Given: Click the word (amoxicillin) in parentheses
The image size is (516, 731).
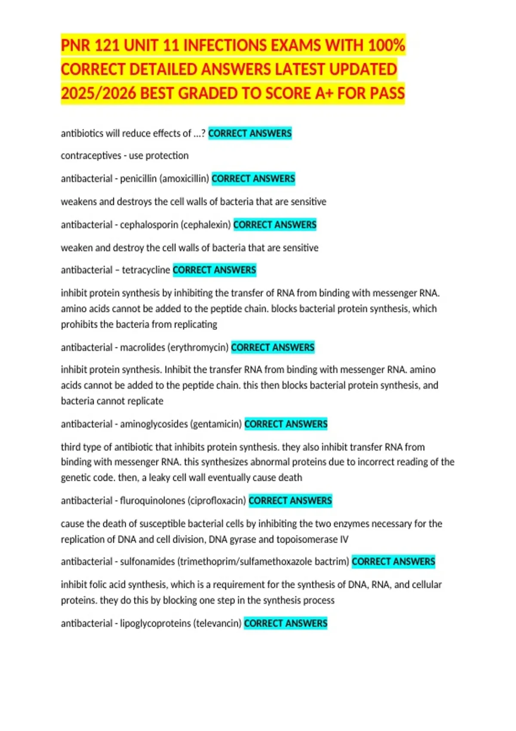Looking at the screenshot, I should tap(184, 178).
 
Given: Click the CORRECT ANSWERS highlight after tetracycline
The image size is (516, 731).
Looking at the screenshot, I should tap(214, 270).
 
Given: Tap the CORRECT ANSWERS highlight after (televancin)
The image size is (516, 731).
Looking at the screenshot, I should tap(286, 623).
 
